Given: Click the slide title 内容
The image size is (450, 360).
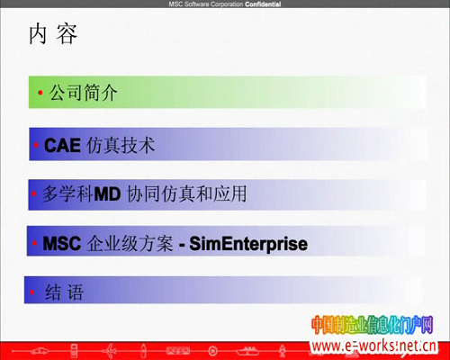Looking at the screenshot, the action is click(x=53, y=34).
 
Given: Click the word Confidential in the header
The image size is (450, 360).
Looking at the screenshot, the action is click(x=263, y=4).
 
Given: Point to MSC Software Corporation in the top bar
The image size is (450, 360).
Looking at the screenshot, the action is click(x=206, y=4).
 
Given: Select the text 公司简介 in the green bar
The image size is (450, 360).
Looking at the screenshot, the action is click(x=83, y=93).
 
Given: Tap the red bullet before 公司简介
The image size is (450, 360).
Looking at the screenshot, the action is click(x=40, y=93).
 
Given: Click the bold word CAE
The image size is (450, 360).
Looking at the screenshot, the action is click(x=62, y=146).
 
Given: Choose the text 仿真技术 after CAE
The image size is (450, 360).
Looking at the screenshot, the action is click(x=121, y=145).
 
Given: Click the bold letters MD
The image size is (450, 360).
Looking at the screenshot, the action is click(x=107, y=193).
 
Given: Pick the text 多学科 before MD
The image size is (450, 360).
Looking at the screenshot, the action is click(x=67, y=193).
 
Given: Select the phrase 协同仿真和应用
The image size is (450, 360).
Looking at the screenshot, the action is click(x=186, y=193).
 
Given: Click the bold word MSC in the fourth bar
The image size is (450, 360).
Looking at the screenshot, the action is click(x=62, y=243).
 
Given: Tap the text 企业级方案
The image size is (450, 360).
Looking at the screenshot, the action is click(x=130, y=243).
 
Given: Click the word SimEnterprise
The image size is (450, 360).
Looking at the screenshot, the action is click(x=248, y=244).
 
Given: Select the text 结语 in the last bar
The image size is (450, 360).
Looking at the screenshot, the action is click(x=64, y=292).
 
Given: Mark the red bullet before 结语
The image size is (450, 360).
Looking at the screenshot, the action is click(x=31, y=292).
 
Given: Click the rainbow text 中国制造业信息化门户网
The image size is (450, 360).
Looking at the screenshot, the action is click(x=373, y=325).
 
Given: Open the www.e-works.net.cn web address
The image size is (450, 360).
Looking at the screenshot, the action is click(x=373, y=346).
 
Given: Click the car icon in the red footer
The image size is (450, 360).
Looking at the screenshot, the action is click(x=40, y=350).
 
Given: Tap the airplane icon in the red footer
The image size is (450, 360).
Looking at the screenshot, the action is click(x=110, y=350).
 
